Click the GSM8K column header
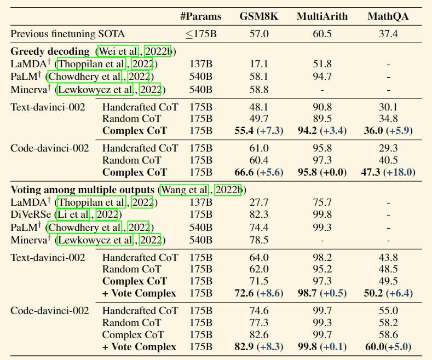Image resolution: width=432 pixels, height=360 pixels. [x=258, y=16]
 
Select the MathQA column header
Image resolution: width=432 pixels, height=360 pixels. [x=388, y=16]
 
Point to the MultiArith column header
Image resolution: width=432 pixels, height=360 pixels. [x=322, y=16]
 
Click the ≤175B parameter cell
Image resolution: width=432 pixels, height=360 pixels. [x=201, y=34]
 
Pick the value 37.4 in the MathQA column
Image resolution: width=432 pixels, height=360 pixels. [x=388, y=34]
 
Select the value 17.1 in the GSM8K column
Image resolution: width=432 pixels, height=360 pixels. [x=259, y=64]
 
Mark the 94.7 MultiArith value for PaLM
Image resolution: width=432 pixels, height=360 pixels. [x=322, y=77]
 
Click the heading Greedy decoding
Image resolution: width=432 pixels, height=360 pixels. [x=50, y=51]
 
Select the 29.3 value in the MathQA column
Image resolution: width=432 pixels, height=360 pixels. [x=388, y=148]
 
